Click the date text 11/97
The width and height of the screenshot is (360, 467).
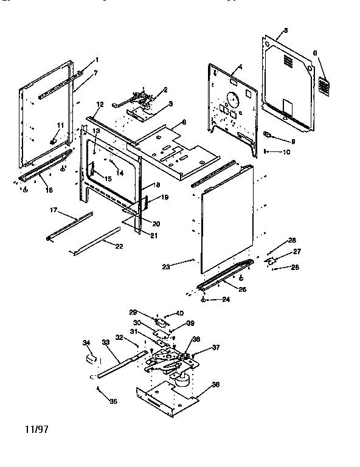pyautogui.click(x=36, y=429)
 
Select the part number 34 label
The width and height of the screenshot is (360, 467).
pyautogui.click(x=86, y=343)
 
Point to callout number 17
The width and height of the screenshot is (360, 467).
pyautogui.click(x=54, y=211)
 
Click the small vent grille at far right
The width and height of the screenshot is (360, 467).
pyautogui.click(x=325, y=87)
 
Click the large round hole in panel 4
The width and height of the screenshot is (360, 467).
pyautogui.click(x=231, y=97)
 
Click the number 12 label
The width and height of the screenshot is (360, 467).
pyautogui.click(x=100, y=105)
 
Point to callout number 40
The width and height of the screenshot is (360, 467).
pyautogui.click(x=179, y=313)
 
